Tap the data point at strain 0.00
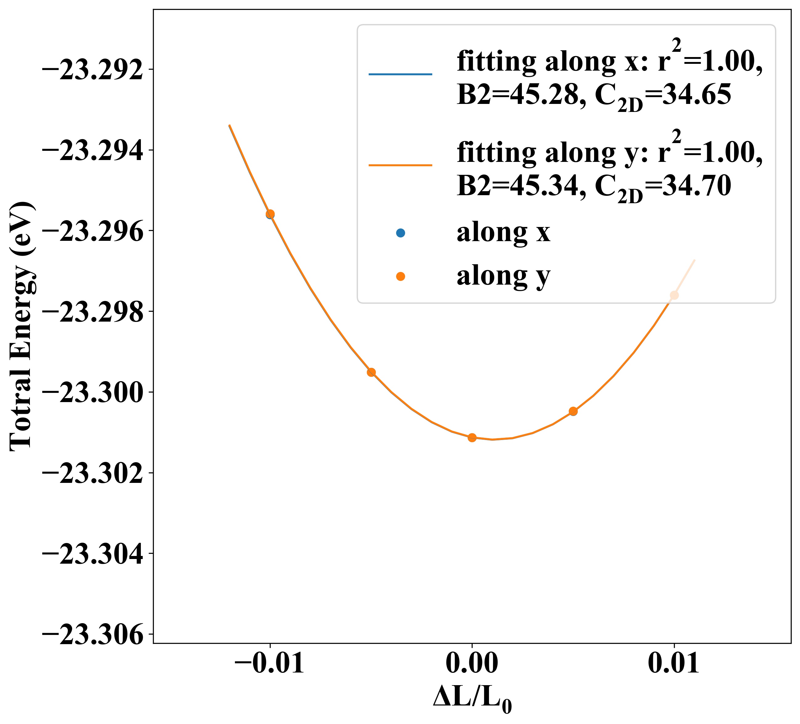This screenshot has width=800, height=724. pos(472,438)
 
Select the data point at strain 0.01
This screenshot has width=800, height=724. pos(674,295)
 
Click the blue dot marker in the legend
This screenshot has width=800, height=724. pos(400,233)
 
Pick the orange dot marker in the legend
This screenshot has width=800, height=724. pos(400,276)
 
